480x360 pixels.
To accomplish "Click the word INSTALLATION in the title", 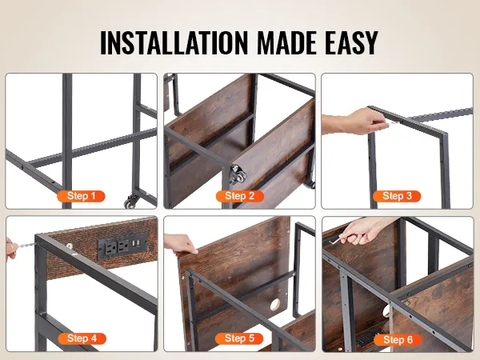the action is tap(174, 42).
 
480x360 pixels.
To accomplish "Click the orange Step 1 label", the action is tap(81, 196).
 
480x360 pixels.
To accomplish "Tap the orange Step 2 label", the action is tap(240, 196).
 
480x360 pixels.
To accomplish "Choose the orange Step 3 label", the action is tap(397, 196).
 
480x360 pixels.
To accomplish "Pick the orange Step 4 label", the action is tap(82, 338).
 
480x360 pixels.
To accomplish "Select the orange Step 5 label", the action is tap(239, 338).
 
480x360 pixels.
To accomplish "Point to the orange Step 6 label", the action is tap(398, 340).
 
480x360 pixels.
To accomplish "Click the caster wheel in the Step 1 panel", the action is tap(130, 202).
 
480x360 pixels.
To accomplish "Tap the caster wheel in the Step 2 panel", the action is tap(238, 174).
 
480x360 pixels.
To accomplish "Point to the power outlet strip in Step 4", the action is tap(122, 246).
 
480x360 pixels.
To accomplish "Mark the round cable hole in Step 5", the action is tap(275, 304).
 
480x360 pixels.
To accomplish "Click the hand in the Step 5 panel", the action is tap(181, 244).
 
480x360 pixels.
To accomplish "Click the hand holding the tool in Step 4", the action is tap(11, 249).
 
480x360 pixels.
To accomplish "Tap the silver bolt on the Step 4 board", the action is tap(70, 246).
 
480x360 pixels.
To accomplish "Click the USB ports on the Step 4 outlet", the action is tap(137, 243).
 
